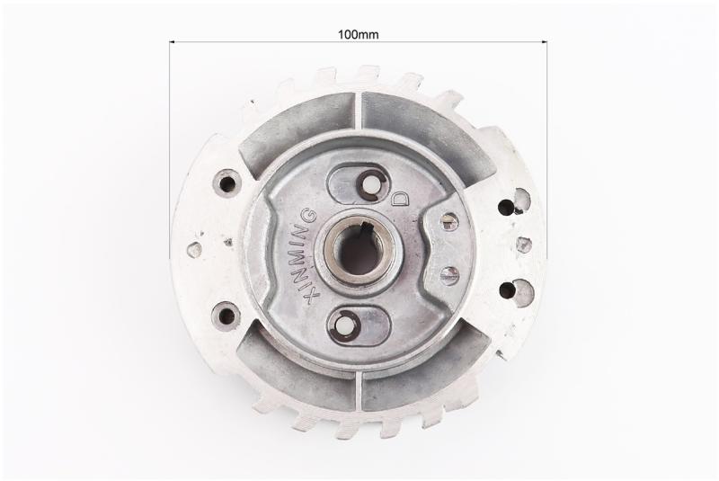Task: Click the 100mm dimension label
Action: (358, 34)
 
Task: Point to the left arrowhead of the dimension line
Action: (172, 42)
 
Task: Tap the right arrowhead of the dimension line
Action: (545, 42)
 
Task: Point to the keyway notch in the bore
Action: (367, 226)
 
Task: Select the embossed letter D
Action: (400, 198)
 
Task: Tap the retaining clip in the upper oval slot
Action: (370, 185)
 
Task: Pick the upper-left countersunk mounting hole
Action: (227, 183)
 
